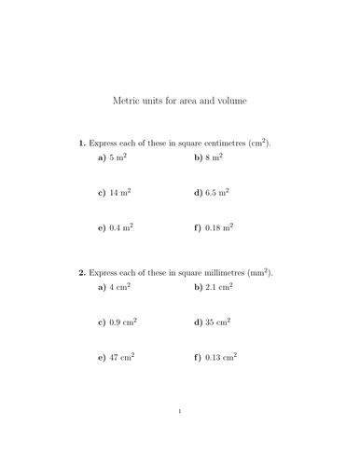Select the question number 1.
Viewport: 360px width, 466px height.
pyautogui.click(x=82, y=144)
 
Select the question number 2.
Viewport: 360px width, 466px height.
pyautogui.click(x=82, y=272)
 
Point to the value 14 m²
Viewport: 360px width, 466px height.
pyautogui.click(x=122, y=193)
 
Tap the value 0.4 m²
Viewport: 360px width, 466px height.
pyautogui.click(x=124, y=226)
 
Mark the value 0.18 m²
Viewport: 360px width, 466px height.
pyautogui.click(x=221, y=226)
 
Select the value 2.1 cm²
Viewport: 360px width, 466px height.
pyautogui.click(x=220, y=288)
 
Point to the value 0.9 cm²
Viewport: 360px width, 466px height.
pyautogui.click(x=126, y=322)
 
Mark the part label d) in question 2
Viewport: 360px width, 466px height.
pyautogui.click(x=198, y=322)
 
